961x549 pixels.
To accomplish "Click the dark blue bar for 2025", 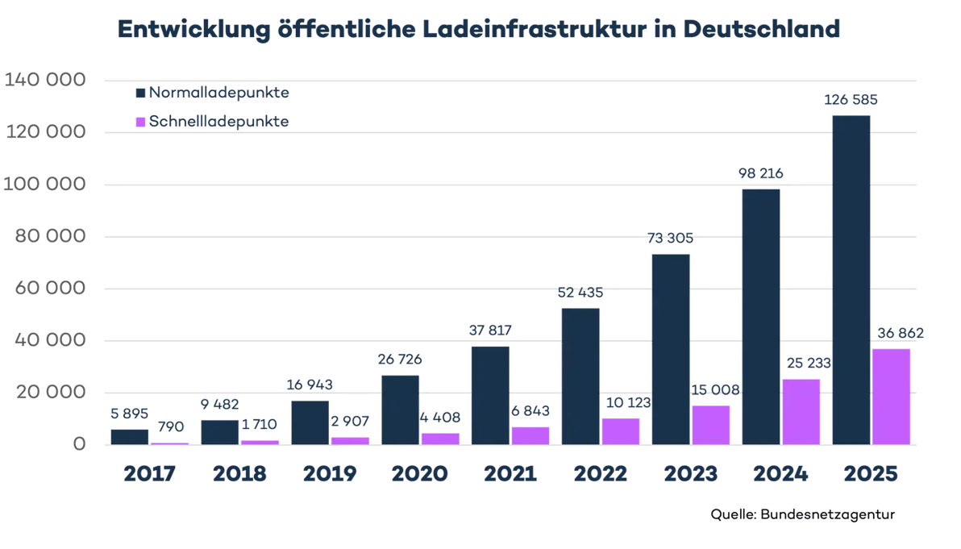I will tap(851, 279).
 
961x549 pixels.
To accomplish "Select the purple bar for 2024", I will tap(801, 411).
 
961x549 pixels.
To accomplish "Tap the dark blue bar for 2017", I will tap(130, 436).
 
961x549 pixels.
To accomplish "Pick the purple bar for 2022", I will tap(620, 430).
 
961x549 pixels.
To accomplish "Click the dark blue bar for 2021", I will tap(489, 395).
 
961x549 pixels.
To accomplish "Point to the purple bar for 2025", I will tap(891, 396).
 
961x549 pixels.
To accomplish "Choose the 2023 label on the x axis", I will tap(690, 473).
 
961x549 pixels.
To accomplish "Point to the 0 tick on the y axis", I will tap(77, 444).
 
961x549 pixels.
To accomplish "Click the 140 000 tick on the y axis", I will tap(45, 81).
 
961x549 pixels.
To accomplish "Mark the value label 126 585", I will tap(851, 101).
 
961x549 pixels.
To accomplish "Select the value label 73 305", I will tap(670, 239).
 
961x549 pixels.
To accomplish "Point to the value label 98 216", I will tap(760, 173).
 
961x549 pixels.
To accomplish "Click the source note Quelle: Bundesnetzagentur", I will tap(803, 514).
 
